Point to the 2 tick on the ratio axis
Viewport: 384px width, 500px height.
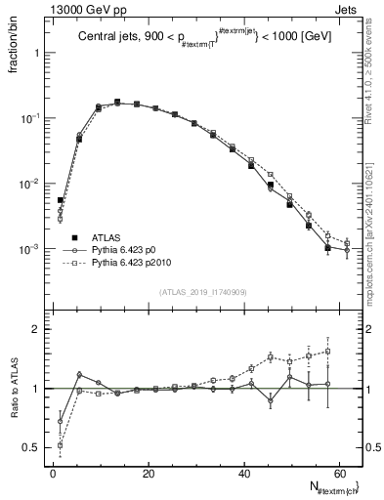(37, 329)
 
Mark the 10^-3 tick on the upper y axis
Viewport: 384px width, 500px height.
(29, 250)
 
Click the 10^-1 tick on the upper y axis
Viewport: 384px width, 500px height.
(29, 118)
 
